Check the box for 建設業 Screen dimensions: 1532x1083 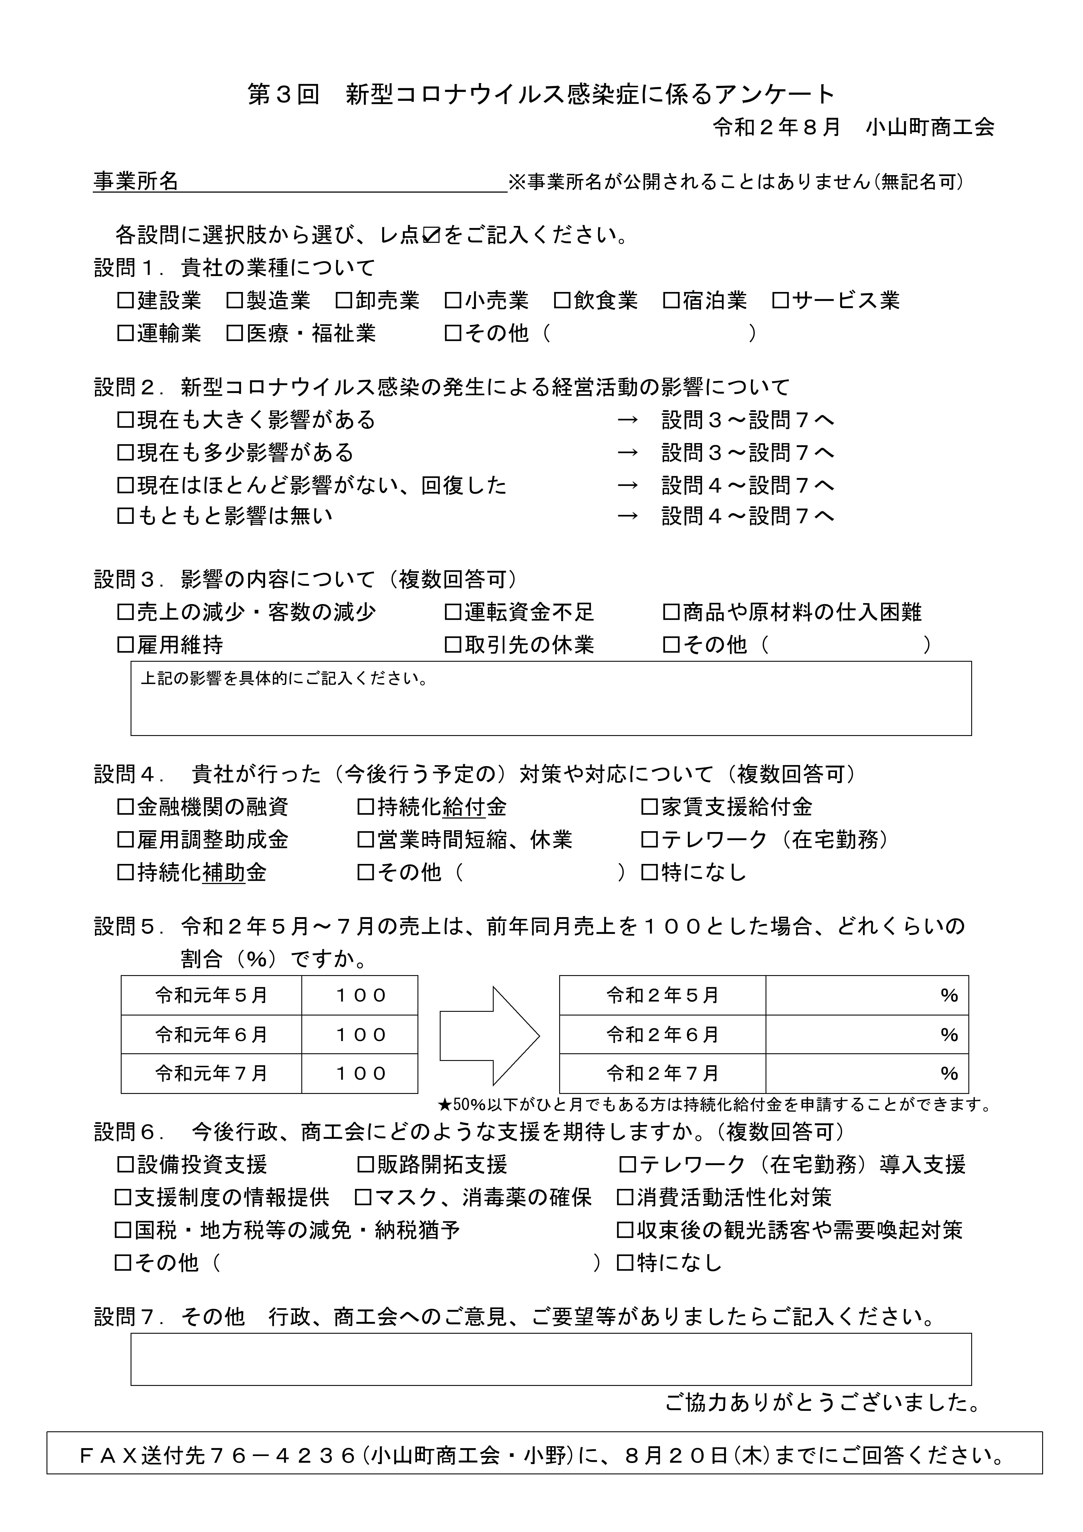point(126,301)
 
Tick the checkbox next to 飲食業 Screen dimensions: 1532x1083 point(562,301)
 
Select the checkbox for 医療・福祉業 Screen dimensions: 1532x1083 point(234,334)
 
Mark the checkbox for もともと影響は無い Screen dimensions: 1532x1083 point(126,516)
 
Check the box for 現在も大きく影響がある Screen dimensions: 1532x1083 point(126,420)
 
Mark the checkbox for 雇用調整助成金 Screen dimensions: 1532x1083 point(126,840)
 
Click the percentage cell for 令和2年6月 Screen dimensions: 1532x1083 point(866,1035)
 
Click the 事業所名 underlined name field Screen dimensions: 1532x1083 point(340,181)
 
